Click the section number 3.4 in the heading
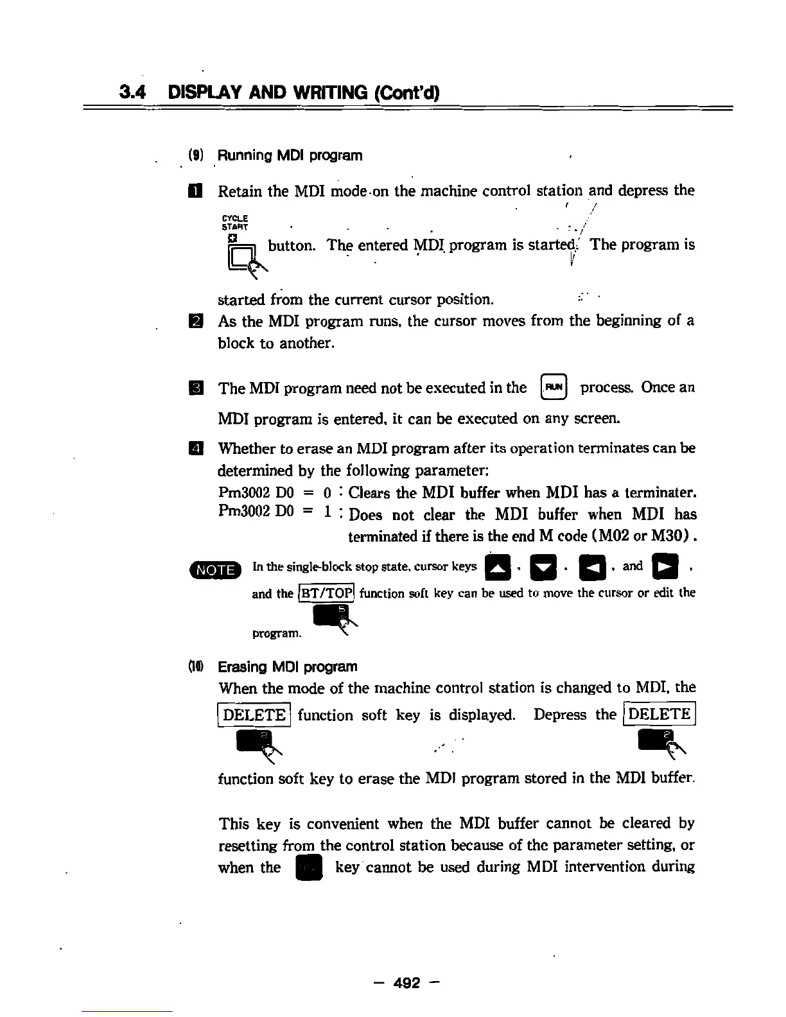[133, 92]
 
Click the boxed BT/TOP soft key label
[327, 593]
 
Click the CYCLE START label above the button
[235, 222]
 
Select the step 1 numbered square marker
[196, 191]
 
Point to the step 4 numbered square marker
[196, 448]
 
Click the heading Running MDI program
[290, 155]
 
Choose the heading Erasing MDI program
[287, 666]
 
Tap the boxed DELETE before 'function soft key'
[254, 715]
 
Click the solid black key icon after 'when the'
[308, 868]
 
